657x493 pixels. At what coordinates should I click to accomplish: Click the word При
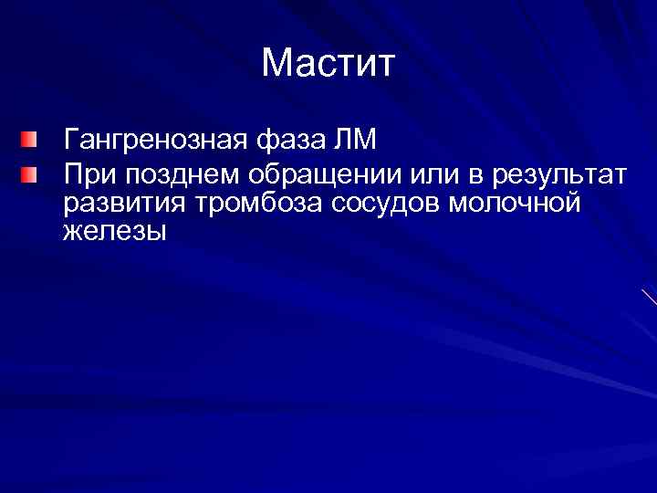[x=87, y=173]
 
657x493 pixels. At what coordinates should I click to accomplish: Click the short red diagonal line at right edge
[x=649, y=297]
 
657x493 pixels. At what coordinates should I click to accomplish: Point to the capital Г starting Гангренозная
[x=70, y=142]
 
